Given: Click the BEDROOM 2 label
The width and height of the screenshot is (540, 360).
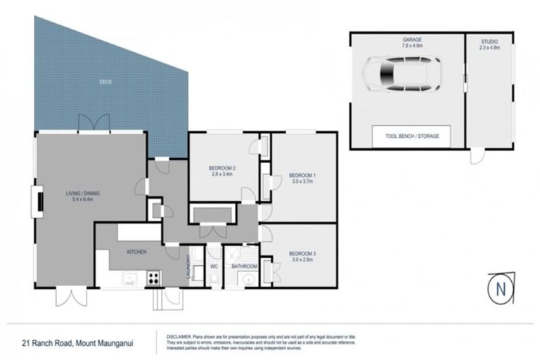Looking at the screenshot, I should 221,167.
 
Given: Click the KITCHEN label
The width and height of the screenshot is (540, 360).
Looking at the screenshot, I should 136,251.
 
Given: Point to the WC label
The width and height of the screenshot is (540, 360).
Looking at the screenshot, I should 214,266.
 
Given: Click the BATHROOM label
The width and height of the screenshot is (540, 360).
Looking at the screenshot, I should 244,266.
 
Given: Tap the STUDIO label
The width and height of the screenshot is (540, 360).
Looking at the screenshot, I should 489,41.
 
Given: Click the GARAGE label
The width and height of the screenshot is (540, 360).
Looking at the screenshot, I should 411,41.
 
